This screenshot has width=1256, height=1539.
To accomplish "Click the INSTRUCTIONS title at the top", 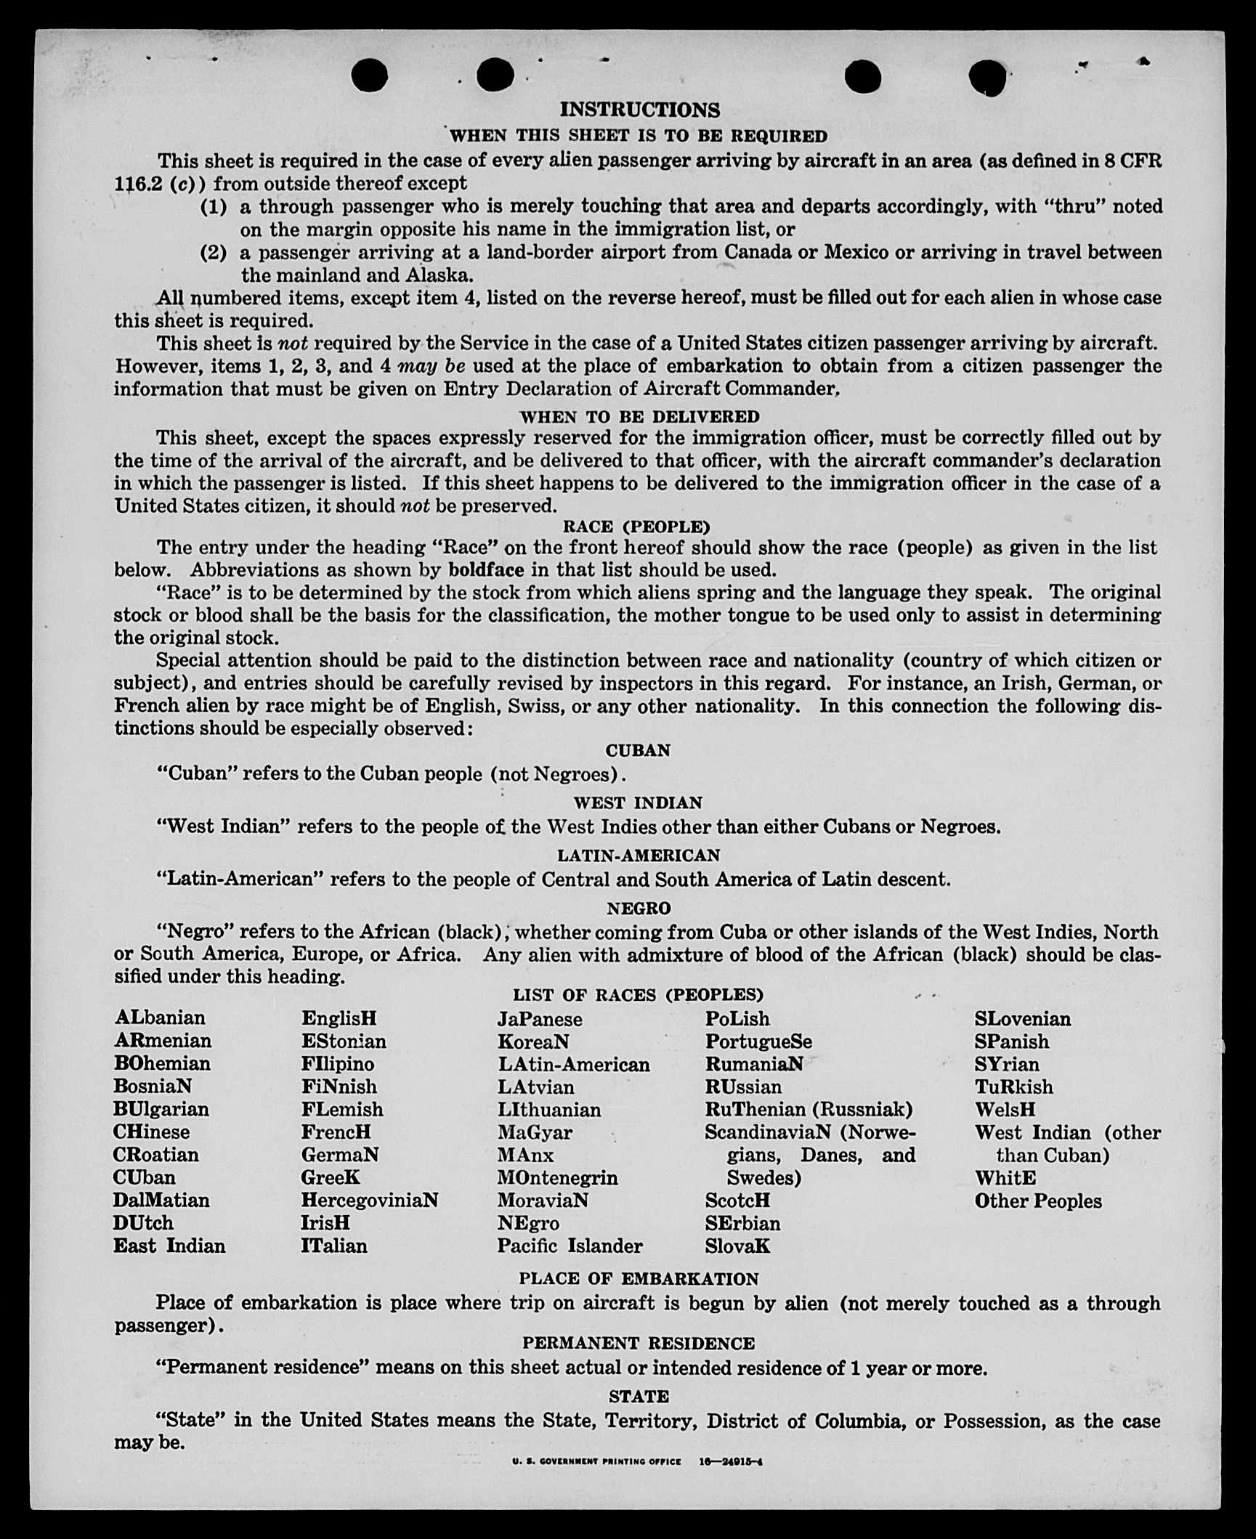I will click(x=639, y=110).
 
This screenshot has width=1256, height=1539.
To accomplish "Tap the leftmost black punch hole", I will click(x=369, y=75).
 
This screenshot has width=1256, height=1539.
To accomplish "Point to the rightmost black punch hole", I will click(x=987, y=76).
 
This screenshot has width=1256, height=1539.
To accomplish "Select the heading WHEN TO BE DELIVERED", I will click(x=639, y=417).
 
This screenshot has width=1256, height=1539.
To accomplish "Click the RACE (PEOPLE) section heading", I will click(x=636, y=527).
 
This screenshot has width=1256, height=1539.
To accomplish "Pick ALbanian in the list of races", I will click(x=160, y=1018).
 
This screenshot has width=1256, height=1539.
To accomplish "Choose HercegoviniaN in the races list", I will click(x=370, y=1200).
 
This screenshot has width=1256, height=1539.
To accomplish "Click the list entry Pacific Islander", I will click(x=570, y=1246).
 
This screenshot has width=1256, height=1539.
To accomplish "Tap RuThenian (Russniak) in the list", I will click(x=809, y=1109).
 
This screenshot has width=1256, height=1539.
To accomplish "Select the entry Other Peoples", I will click(x=1038, y=1201).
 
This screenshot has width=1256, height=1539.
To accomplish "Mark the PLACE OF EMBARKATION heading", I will click(x=639, y=1278).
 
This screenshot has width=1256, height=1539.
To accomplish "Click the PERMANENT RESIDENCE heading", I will click(x=639, y=1343).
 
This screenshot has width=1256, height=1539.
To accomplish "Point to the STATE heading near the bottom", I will click(x=639, y=1396).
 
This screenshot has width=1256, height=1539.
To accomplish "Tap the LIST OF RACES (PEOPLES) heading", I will click(x=638, y=995).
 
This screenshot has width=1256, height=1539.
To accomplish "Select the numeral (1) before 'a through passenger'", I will click(x=214, y=207).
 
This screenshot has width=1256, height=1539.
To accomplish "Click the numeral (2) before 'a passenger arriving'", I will click(x=214, y=253).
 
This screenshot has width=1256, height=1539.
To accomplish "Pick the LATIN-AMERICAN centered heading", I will click(x=639, y=856).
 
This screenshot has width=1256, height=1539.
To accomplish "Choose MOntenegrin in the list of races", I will click(x=557, y=1177).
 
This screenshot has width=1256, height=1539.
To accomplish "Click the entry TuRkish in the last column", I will click(x=1013, y=1087).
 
